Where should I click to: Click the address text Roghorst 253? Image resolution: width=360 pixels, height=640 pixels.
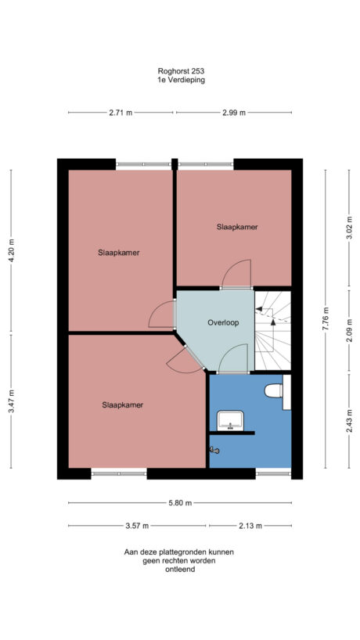180,70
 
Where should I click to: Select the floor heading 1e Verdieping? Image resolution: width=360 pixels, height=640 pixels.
180,80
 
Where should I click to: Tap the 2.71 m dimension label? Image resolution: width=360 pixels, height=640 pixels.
121,113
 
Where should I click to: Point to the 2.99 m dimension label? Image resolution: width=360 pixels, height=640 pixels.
234,113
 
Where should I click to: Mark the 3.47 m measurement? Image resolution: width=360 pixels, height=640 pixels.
11,402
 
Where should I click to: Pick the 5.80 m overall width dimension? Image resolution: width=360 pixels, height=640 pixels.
180,502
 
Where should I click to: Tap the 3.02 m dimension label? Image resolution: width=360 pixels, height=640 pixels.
349,233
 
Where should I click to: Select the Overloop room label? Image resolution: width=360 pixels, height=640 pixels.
223,322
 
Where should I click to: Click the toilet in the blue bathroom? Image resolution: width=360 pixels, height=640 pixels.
274,390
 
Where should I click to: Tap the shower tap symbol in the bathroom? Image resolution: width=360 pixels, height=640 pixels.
215,449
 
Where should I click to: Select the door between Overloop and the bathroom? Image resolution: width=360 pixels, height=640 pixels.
232,361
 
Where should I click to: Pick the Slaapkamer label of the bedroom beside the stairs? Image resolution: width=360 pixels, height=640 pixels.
237,227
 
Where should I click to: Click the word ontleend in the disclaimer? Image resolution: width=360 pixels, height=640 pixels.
179,570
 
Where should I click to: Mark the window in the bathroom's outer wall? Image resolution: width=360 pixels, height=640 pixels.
273,473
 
